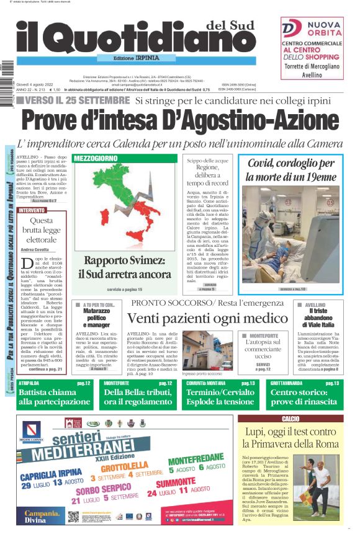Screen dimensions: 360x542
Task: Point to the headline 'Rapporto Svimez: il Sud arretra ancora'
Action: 124,267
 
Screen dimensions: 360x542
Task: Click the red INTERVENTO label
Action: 32,210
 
